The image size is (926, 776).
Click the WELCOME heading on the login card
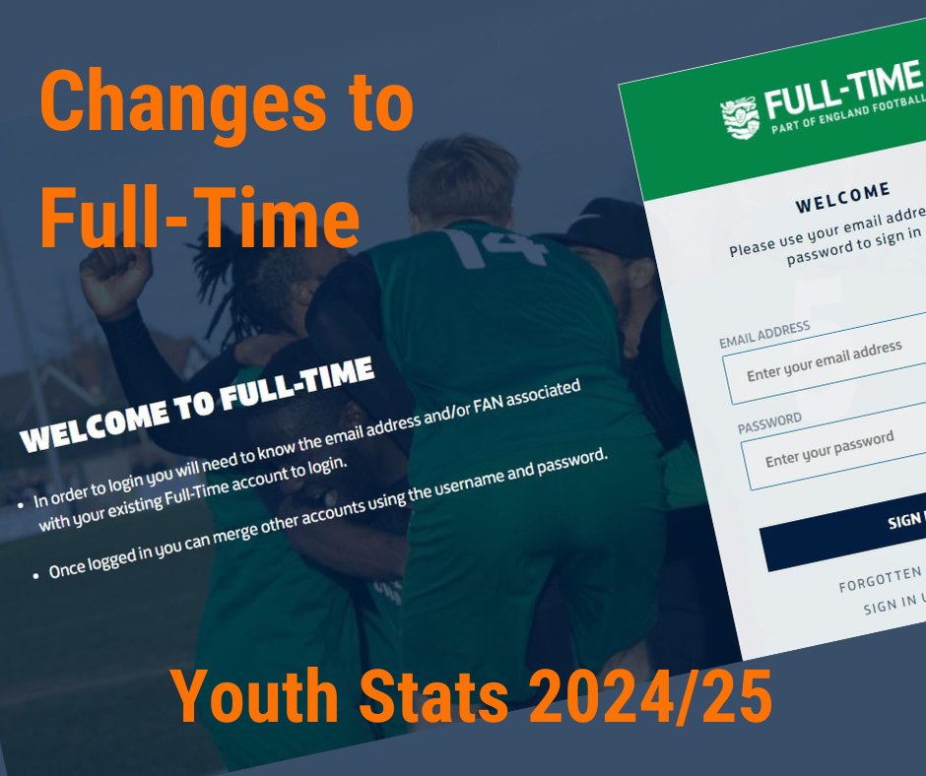pos(842,197)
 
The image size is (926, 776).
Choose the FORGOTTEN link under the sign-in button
pos(880,579)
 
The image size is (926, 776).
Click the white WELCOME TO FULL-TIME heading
pos(197,405)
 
